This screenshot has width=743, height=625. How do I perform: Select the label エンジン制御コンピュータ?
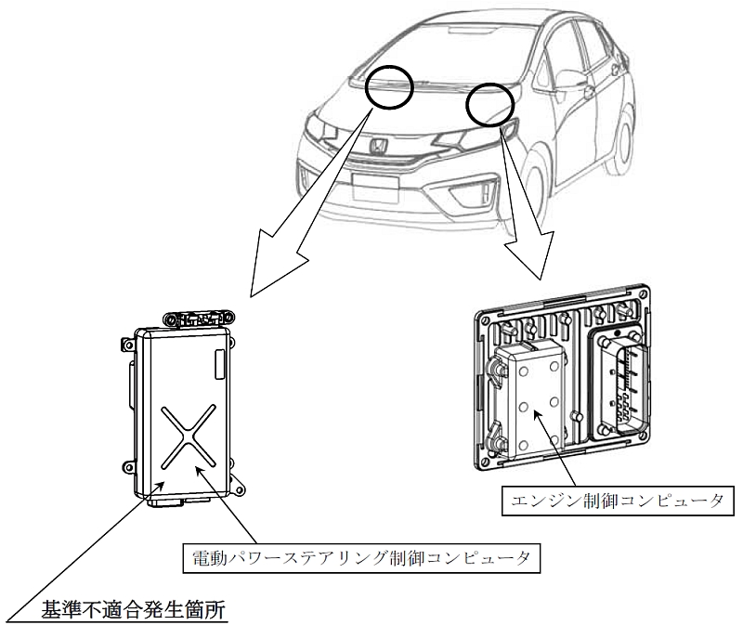(x=617, y=501)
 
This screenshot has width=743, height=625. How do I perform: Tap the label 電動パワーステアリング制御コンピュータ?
(x=361, y=558)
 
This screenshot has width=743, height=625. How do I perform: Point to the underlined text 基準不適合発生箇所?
(x=133, y=610)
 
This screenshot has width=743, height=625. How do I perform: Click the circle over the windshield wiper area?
(x=391, y=87)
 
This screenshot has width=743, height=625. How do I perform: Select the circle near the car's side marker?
(x=490, y=104)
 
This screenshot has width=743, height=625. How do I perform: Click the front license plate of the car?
(x=376, y=189)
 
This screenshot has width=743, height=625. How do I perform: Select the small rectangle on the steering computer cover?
(x=221, y=364)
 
